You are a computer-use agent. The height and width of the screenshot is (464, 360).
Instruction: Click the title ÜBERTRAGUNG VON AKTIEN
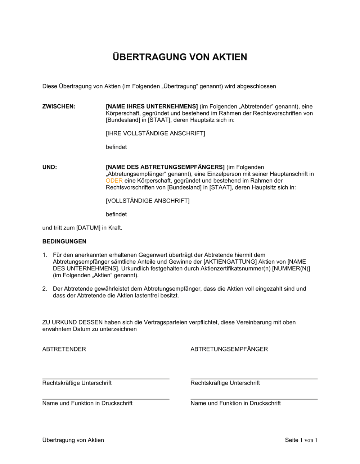pos(180,57)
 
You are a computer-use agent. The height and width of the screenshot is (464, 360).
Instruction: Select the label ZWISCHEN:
pos(59,106)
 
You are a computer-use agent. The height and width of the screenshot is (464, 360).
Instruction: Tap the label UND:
pos(50,167)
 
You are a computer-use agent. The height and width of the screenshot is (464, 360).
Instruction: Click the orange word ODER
pos(114,181)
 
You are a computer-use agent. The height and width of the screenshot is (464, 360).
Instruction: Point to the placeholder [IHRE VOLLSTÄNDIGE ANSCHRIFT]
pos(155,133)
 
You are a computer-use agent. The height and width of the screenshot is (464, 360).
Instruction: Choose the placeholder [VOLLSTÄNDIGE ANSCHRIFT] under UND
pos(147,201)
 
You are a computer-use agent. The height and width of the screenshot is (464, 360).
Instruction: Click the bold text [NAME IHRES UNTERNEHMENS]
pos(152,106)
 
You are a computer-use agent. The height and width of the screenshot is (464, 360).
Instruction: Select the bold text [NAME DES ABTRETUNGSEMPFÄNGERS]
pos(165,167)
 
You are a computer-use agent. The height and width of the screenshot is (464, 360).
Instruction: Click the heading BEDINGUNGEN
pos(64,241)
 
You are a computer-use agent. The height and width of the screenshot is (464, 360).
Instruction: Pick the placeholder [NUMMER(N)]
pos(291,269)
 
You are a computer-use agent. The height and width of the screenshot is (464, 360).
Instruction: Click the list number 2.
pos(45,289)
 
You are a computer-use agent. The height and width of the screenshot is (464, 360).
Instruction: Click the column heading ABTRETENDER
pos(64,349)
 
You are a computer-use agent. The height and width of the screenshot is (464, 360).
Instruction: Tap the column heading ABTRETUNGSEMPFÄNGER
pos(229,349)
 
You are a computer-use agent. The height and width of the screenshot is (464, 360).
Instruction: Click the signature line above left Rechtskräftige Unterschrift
pos(105,379)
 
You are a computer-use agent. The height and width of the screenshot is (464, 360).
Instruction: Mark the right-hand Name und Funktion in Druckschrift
pos(235,403)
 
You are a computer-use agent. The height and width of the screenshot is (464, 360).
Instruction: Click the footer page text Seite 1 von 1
pos(301,440)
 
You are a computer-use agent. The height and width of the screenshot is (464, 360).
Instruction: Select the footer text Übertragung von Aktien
pos(73,440)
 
